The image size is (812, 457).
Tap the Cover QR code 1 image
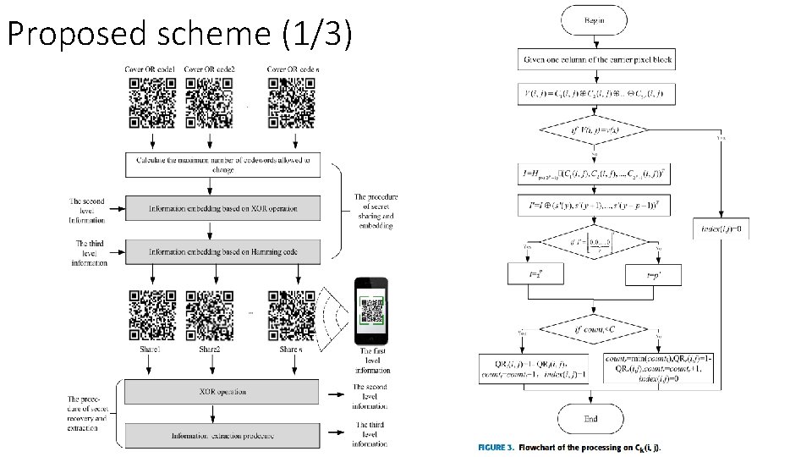tap(152, 102)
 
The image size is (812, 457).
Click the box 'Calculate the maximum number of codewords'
tap(222, 164)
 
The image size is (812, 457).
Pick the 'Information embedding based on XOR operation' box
tap(222, 207)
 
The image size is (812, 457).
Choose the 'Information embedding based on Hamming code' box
tap(222, 251)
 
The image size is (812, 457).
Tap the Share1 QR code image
tap(152, 314)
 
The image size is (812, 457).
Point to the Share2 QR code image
tap(209, 314)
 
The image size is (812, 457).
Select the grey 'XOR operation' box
tap(222, 392)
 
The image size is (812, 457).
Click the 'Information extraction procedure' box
tap(222, 436)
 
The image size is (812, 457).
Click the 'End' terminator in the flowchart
tap(590, 418)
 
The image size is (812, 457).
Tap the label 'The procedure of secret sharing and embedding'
tap(376, 212)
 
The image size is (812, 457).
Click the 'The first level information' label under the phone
tap(373, 361)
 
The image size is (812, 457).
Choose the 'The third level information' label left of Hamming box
tap(90, 253)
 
